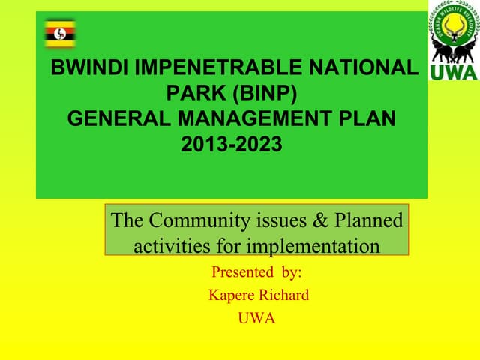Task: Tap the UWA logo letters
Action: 453,72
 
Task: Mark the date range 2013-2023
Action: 232,143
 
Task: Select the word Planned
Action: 368,220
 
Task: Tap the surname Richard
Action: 285,295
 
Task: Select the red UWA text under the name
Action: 256,318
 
